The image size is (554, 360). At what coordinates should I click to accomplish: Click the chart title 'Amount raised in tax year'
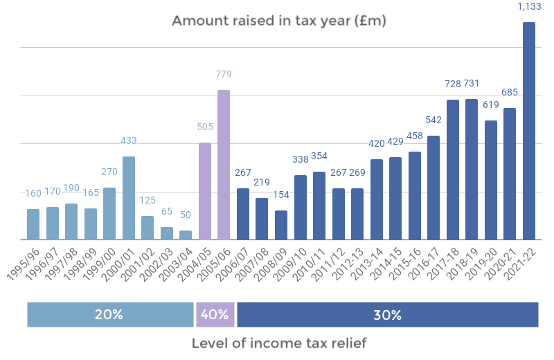[278, 21]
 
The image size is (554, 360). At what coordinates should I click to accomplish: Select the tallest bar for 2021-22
[529, 132]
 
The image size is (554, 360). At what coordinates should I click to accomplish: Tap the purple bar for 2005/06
[224, 165]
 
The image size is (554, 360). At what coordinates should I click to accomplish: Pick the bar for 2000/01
[128, 198]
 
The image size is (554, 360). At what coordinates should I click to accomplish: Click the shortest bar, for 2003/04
[186, 235]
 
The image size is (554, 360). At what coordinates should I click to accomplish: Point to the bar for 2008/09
[281, 225]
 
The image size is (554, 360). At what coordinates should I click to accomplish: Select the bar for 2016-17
[434, 188]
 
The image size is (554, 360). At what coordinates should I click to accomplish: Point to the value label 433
[128, 141]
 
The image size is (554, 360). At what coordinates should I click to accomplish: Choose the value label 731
[472, 84]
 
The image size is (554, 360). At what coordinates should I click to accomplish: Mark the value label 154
[281, 195]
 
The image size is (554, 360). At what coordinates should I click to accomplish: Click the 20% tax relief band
[110, 314]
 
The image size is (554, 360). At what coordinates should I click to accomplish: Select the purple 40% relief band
[215, 314]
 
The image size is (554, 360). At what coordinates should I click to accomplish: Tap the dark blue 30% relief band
[387, 314]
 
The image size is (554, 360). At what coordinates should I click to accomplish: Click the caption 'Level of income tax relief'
[278, 343]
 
